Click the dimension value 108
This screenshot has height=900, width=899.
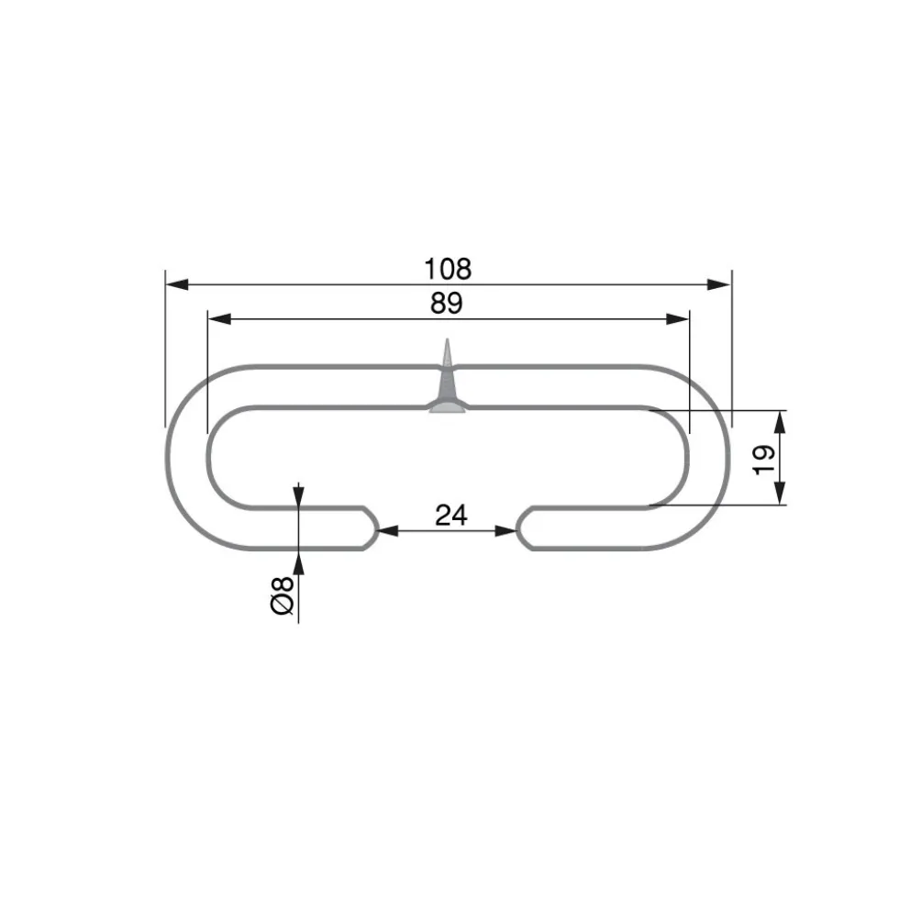pos(448,269)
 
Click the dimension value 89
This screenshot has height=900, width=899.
pos(447,303)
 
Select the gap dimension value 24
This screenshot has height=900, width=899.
pos(451,515)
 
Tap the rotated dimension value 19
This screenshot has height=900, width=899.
pos(763,460)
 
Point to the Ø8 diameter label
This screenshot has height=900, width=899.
pos(282,595)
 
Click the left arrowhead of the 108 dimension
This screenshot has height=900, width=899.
pos(177,284)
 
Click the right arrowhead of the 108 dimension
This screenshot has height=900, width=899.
pos(719,284)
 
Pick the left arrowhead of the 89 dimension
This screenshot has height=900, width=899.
pos(219,318)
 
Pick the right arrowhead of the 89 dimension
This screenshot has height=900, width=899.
pos(677,318)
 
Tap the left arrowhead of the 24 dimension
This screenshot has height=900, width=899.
pos(389,531)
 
